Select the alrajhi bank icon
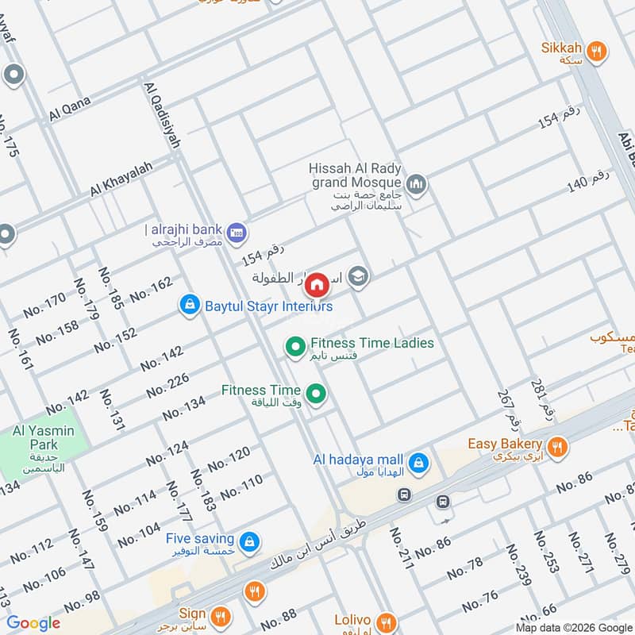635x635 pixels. (236, 233)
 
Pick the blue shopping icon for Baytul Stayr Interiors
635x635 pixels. (189, 305)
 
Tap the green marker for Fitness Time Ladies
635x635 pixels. (295, 346)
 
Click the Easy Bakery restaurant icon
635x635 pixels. (559, 447)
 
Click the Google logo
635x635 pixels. (33, 623)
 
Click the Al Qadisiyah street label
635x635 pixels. (162, 114)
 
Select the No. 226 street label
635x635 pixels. (167, 385)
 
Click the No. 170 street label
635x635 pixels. (44, 305)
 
